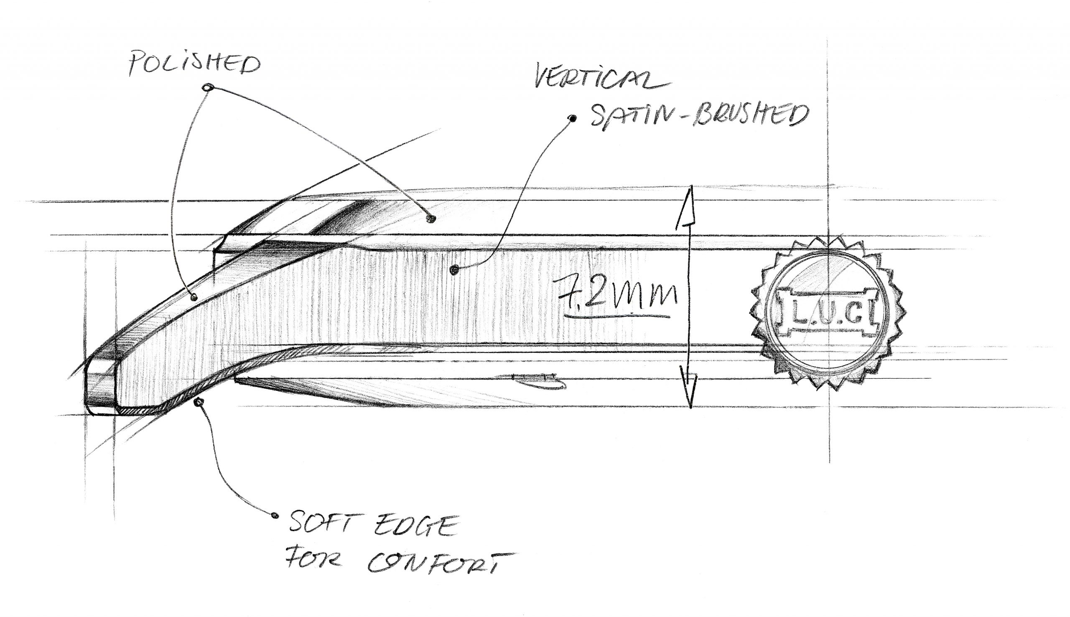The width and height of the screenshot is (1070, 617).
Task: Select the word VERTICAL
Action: (x=601, y=81)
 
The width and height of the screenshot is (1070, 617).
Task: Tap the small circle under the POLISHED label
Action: (x=207, y=88)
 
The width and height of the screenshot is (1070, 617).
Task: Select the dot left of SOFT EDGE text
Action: (x=275, y=515)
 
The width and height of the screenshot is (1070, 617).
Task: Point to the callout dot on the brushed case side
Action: (x=454, y=270)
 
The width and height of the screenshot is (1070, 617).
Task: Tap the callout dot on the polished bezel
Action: (x=432, y=219)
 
